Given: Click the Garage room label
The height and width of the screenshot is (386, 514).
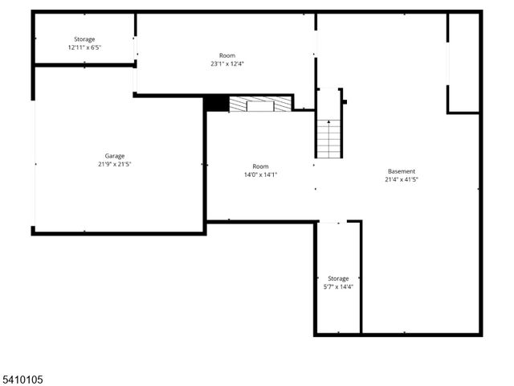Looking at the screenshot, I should [115, 156].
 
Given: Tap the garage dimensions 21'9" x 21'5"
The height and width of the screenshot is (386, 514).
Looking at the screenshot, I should [115, 165].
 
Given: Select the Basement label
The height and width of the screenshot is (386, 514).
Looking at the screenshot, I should [402, 171].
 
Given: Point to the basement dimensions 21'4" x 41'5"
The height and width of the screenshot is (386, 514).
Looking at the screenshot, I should [402, 180].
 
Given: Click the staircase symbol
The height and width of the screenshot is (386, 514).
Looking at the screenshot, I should [328, 138].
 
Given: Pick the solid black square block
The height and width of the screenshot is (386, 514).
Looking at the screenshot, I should [215, 104].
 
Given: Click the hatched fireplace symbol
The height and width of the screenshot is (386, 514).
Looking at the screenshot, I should [259, 104].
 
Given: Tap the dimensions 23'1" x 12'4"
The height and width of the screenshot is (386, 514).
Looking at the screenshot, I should [226, 64].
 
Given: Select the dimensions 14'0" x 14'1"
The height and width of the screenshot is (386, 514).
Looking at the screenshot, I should [260, 175].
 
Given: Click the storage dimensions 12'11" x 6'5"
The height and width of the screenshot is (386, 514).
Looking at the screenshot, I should [84, 47].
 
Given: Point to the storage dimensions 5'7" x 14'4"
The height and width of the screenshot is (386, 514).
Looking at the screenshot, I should [338, 286].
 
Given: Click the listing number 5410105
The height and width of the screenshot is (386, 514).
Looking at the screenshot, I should [23, 376].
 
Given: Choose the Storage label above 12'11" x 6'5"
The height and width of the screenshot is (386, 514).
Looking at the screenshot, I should [84, 39].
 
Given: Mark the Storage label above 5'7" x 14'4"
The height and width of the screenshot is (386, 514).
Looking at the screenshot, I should [338, 278].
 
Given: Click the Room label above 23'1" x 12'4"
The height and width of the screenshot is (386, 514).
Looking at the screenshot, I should [226, 55].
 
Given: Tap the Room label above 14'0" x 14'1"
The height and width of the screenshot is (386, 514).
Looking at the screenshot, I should [260, 166].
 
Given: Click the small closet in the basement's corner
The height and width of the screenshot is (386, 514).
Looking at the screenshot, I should [463, 63].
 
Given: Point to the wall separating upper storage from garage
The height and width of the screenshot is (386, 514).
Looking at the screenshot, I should [83, 65].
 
